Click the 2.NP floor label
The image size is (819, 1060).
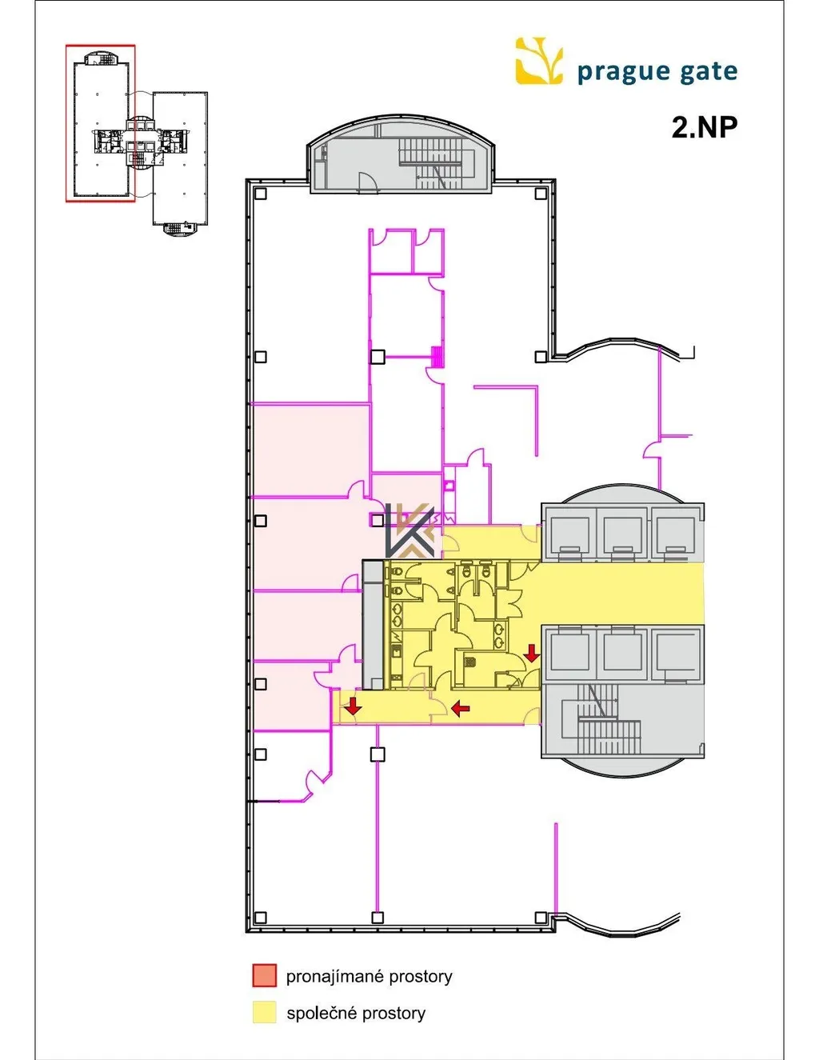[704, 127]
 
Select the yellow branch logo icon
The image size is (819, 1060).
[539, 61]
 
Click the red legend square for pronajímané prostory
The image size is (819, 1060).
[264, 975]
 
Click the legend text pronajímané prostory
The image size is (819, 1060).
[369, 976]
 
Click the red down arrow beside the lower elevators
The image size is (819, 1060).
[531, 653]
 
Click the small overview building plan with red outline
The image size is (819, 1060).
[137, 139]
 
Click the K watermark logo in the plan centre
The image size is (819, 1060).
[409, 530]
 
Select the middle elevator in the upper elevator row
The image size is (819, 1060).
[622, 534]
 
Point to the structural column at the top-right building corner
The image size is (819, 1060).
[540, 194]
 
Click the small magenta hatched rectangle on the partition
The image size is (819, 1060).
[437, 356]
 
